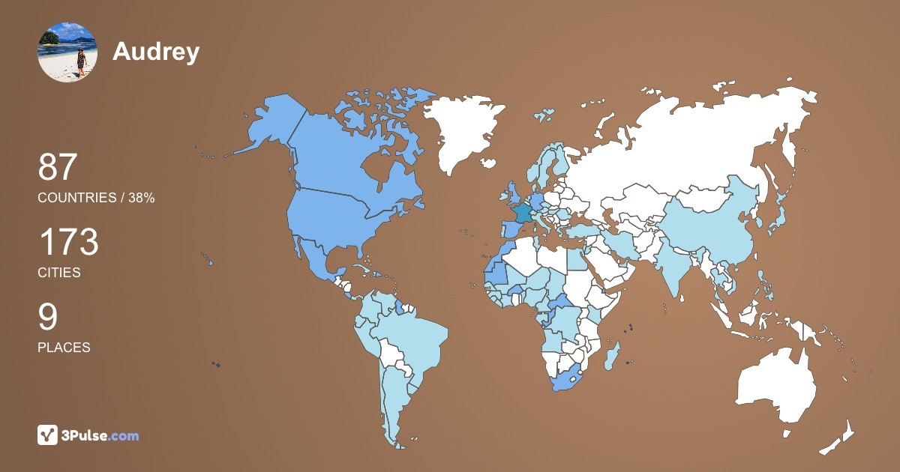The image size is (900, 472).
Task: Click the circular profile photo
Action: (x=67, y=52)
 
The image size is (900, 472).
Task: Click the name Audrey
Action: (x=156, y=51)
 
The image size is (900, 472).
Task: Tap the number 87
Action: (x=58, y=167)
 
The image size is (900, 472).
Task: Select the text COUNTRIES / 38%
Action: (x=96, y=198)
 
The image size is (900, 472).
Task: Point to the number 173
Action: (x=68, y=242)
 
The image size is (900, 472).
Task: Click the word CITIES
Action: (x=59, y=273)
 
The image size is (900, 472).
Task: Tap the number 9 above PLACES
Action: (x=47, y=317)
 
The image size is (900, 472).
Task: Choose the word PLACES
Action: (x=64, y=348)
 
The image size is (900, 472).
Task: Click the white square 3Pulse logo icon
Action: (x=48, y=435)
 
